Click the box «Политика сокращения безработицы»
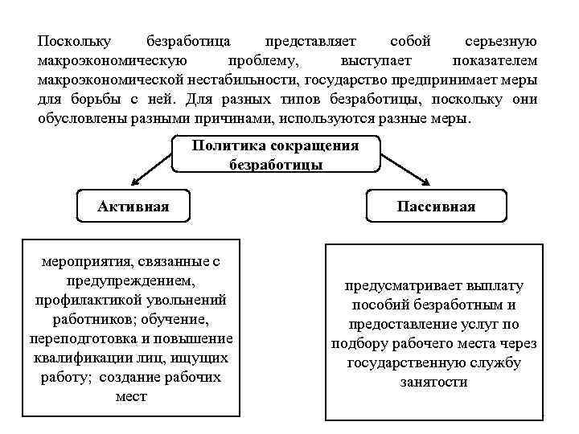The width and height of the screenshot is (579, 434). point(276,155)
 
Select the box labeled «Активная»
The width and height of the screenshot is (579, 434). point(133,207)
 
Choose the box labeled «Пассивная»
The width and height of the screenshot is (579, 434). point(436,207)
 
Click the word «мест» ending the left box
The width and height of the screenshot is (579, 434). point(132,396)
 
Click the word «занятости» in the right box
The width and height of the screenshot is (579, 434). point(433,382)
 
